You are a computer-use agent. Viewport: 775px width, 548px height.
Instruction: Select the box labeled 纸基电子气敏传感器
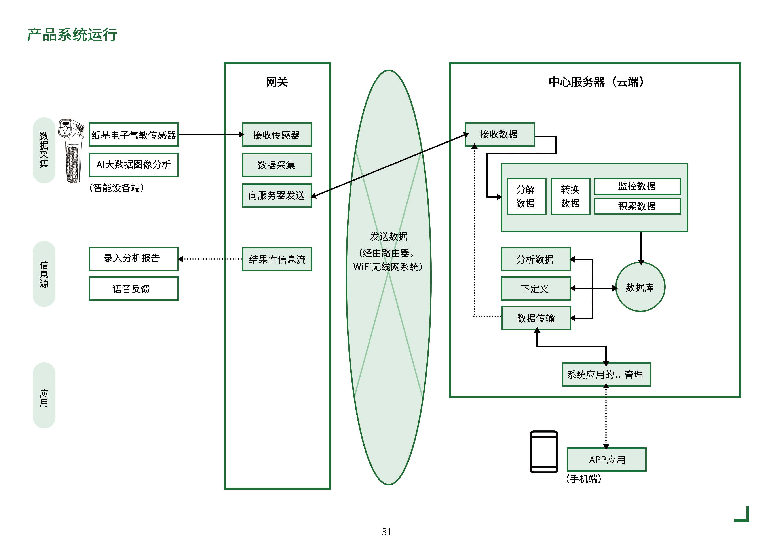(x=134, y=135)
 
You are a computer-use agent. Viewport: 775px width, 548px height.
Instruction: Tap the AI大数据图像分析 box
(x=134, y=165)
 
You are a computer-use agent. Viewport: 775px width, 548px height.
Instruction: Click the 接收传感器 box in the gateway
(x=277, y=135)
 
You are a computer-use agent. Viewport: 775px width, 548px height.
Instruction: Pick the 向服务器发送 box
(x=277, y=196)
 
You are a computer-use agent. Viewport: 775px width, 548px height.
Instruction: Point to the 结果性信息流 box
(x=277, y=259)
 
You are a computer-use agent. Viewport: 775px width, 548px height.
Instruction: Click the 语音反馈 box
(x=134, y=289)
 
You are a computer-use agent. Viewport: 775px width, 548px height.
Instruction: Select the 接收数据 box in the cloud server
(x=499, y=134)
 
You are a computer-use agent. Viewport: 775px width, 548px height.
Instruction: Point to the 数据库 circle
(x=640, y=287)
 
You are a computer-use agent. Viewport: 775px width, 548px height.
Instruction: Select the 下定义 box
(x=536, y=289)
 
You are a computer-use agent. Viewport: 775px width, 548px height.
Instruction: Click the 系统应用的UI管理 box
(x=606, y=375)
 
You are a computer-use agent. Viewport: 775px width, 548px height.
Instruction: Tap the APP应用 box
(x=606, y=460)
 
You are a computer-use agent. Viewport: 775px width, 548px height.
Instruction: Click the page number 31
(x=386, y=532)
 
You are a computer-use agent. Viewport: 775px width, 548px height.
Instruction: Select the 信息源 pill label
(x=44, y=274)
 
